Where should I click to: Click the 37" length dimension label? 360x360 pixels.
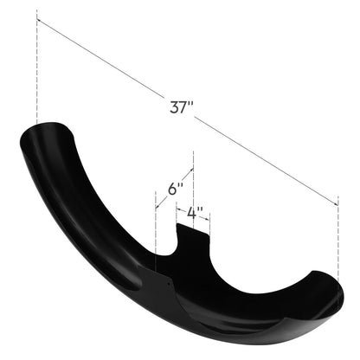pyautogui.click(x=181, y=107)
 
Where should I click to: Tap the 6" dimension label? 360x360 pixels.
pyautogui.click(x=176, y=190)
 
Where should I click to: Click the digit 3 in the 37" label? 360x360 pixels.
pyautogui.click(x=174, y=107)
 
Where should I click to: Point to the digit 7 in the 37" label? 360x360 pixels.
pyautogui.click(x=183, y=107)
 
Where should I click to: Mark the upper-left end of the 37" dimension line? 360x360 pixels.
pyautogui.click(x=37, y=20)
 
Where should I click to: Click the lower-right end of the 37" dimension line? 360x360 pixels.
pyautogui.click(x=337, y=205)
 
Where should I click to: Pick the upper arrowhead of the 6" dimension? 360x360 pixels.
pyautogui.click(x=191, y=170)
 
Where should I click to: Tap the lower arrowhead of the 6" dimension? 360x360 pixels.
pyautogui.click(x=157, y=206)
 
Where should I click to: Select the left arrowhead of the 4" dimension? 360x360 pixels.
pyautogui.click(x=178, y=209)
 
